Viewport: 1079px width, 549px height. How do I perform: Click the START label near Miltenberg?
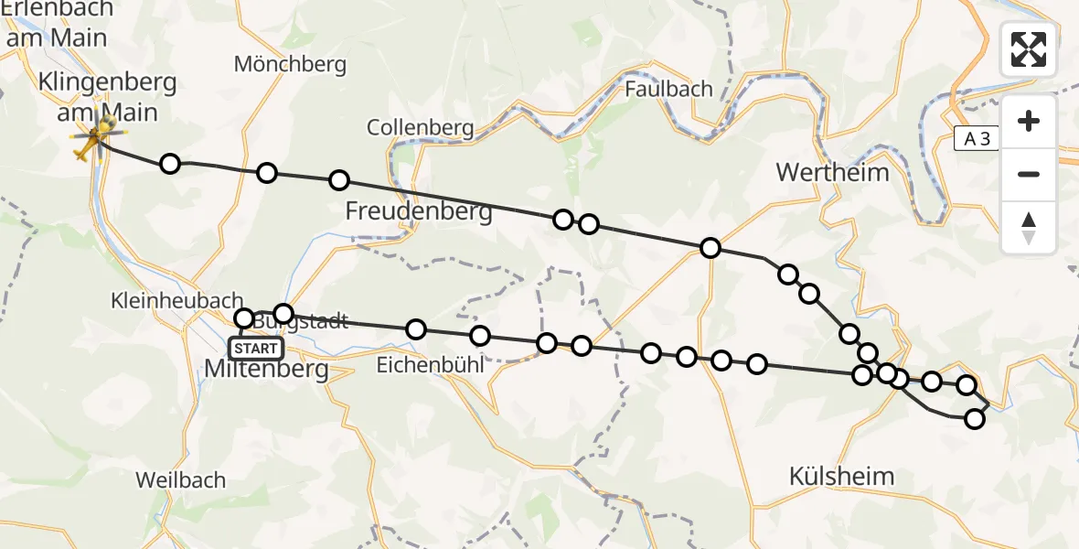point(256,349)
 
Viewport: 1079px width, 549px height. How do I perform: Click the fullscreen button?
point(1029,49)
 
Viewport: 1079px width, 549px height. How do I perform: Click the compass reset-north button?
point(1029,228)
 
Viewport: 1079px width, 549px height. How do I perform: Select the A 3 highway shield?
point(978,138)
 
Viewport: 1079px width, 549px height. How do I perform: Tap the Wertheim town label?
point(831,172)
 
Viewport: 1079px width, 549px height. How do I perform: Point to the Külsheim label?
point(840,476)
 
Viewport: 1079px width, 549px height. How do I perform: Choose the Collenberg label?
point(421,128)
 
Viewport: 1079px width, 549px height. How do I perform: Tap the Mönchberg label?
point(290,64)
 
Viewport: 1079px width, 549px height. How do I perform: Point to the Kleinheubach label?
point(176,300)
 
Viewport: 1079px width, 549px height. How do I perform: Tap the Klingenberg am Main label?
point(107,97)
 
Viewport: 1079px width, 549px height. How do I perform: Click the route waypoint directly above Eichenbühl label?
point(416,329)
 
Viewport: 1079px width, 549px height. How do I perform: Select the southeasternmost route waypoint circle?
point(974,419)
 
